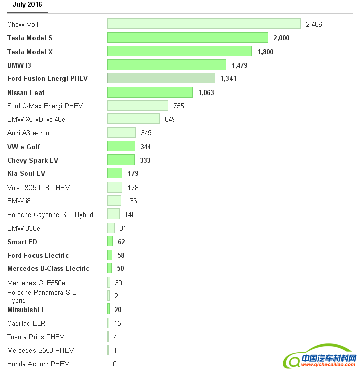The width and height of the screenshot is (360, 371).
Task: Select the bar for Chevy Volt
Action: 204,24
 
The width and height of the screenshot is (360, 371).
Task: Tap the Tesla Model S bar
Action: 187,38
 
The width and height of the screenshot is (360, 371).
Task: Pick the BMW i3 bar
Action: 167,65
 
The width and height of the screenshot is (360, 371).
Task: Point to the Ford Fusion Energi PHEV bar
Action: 161,78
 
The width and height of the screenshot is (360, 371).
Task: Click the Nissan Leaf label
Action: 26,92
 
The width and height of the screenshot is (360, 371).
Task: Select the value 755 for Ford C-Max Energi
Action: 178,106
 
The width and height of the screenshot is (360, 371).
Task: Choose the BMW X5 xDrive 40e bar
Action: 134,119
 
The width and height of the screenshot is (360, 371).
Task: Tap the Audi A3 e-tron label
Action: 28,133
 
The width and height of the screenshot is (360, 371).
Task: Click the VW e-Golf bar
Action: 121,147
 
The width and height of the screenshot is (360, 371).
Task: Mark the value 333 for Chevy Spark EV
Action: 145,160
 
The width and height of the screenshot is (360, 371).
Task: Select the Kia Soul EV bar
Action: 115,173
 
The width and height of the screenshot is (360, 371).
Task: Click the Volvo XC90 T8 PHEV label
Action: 38,188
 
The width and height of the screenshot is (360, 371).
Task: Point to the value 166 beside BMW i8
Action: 132,201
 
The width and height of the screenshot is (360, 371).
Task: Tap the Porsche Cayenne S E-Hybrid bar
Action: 113,214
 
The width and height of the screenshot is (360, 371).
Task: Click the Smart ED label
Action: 22,242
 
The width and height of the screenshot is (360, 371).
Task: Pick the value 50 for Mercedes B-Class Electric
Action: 120,268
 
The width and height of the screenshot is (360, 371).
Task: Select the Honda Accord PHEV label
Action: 38,364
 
